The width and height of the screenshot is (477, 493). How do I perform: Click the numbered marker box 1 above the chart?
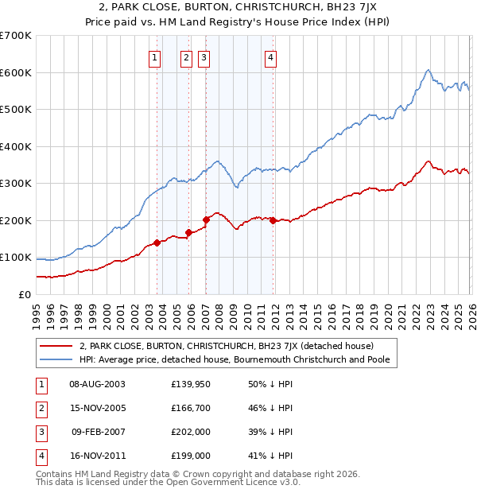pyautogui.click(x=153, y=56)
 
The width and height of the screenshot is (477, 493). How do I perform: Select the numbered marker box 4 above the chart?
pyautogui.click(x=271, y=56)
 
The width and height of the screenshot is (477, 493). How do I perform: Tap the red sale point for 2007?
pyautogui.click(x=206, y=219)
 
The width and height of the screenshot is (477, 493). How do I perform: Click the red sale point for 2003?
pyautogui.click(x=157, y=243)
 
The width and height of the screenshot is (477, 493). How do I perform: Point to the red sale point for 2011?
pyautogui.click(x=273, y=220)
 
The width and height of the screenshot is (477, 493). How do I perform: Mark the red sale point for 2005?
pyautogui.click(x=188, y=232)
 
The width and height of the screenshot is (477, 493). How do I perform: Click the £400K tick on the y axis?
pyautogui.click(x=16, y=146)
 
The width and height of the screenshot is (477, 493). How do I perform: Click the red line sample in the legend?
pyautogui.click(x=57, y=346)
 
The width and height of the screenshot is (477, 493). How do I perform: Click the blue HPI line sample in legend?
pyautogui.click(x=57, y=359)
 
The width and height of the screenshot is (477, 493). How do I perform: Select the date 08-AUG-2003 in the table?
pyautogui.click(x=98, y=383)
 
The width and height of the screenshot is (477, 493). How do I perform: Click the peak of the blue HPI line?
pyautogui.click(x=428, y=70)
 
